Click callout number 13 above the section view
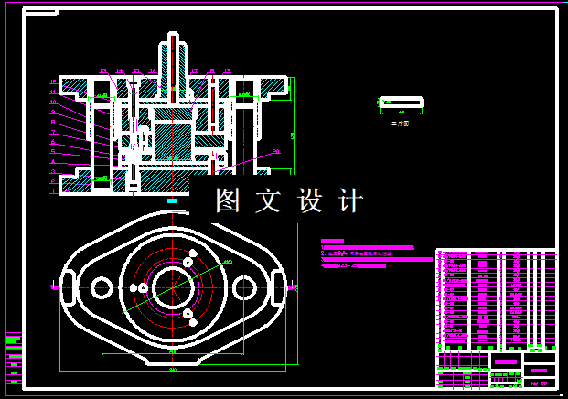coord(102,70)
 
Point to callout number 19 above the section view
coord(227,70)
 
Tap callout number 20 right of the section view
coord(275,152)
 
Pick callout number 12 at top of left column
coord(53,82)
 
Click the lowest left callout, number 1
coord(53,181)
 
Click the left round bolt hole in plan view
coord(101,287)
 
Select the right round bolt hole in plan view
coord(244,287)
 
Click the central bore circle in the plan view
coord(172,287)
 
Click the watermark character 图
coord(228,200)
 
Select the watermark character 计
coord(350,200)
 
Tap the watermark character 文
coord(269,200)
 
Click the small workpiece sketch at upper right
coord(401,102)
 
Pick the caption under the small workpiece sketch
coord(400,123)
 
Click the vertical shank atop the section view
coord(172,55)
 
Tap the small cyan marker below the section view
coord(172,199)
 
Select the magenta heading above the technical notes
coord(332,241)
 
